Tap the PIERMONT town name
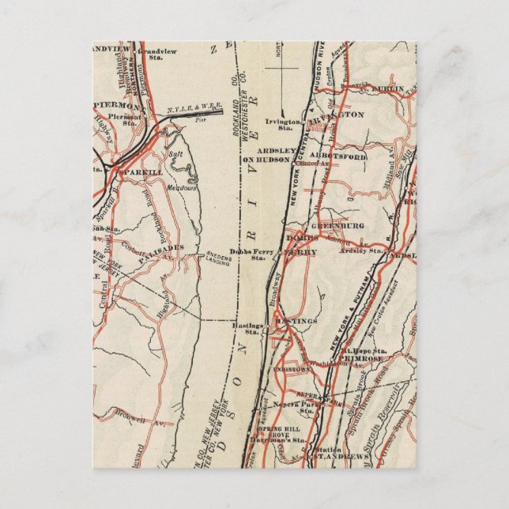click(119, 106)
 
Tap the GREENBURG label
click(345, 223)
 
